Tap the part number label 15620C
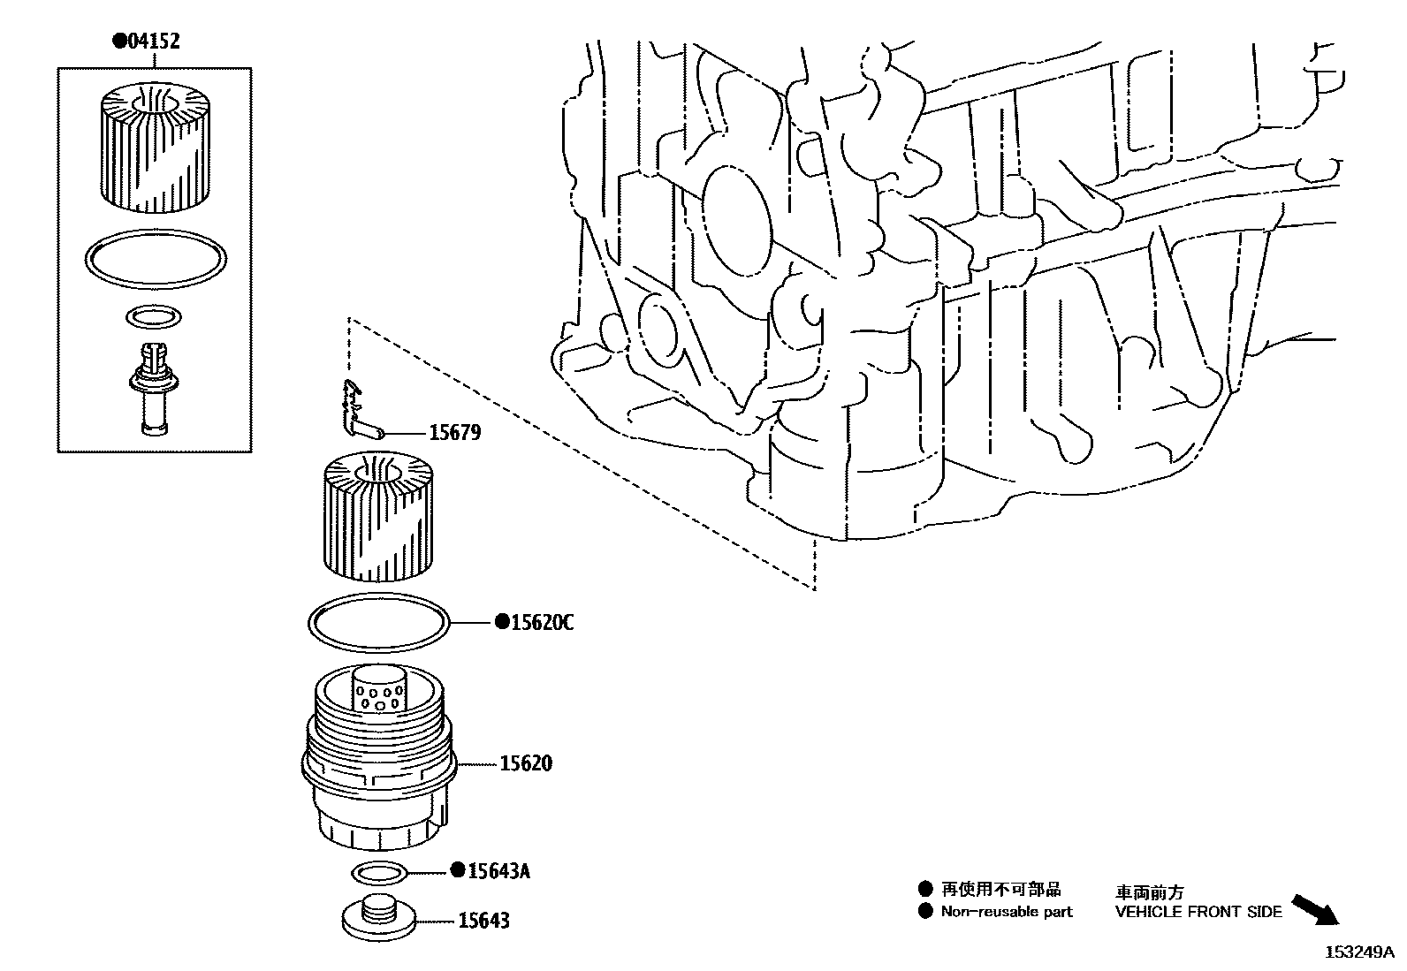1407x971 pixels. point(541,623)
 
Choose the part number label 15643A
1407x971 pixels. point(498,871)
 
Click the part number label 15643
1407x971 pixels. point(483,921)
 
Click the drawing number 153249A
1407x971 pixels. point(1358,952)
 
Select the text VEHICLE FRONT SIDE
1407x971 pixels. point(1198,912)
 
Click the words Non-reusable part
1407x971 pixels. point(1006,912)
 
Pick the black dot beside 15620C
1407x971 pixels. point(501,623)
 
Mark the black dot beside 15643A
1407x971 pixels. point(458,870)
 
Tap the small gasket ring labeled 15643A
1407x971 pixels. point(380,873)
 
